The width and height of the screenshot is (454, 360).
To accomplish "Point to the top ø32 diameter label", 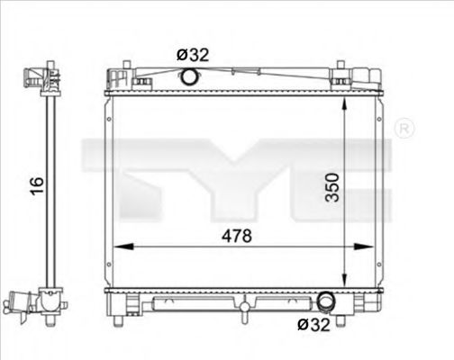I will [x=193, y=54].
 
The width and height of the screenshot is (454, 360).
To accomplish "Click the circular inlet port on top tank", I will [x=189, y=77].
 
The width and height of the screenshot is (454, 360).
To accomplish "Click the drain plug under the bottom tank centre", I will [x=244, y=310].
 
